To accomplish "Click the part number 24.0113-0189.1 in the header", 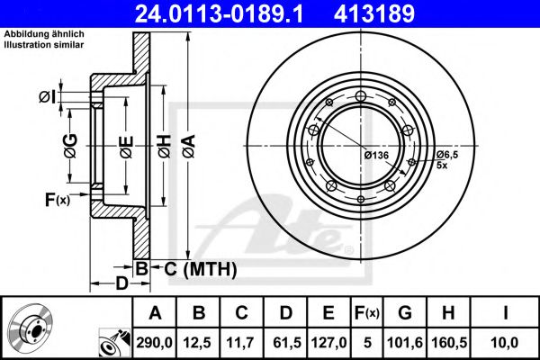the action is tap(219, 13).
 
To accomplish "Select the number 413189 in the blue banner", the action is tap(374, 13).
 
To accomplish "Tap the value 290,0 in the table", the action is tap(155, 343).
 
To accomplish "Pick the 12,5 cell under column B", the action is tap(198, 343).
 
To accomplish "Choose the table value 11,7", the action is tap(241, 343).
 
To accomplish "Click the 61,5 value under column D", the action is tap(286, 343).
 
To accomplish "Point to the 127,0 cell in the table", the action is tap(328, 343).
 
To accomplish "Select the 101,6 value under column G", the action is tap(405, 343).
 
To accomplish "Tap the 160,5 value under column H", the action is tap(449, 343).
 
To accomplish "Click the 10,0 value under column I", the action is tap(505, 343).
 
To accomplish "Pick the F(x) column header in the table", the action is tap(367, 313).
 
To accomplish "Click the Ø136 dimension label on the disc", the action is tap(376, 156).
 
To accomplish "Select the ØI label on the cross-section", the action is tap(47, 97).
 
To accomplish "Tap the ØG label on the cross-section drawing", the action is tap(70, 146).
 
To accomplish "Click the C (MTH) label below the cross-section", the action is tap(201, 269).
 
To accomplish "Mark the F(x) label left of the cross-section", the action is tap(58, 200).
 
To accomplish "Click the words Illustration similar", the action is tap(44, 44).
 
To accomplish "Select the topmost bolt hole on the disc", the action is tap(361, 96).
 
